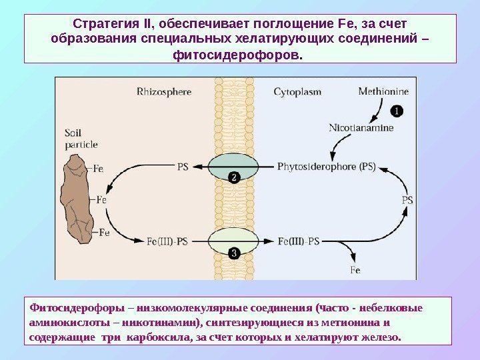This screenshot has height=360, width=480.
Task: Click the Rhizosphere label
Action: (x=165, y=91)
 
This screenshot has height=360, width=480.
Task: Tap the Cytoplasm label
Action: (x=297, y=91)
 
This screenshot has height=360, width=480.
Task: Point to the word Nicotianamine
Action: (x=361, y=127)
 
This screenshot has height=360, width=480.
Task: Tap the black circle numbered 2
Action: (x=235, y=177)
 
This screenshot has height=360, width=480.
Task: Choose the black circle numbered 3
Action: (x=235, y=253)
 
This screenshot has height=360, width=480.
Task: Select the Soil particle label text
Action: (x=81, y=138)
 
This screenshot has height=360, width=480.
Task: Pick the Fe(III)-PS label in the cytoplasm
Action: (x=297, y=241)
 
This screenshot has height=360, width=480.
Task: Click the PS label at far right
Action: (x=408, y=199)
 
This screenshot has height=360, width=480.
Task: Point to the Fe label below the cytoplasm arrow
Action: (x=355, y=271)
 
